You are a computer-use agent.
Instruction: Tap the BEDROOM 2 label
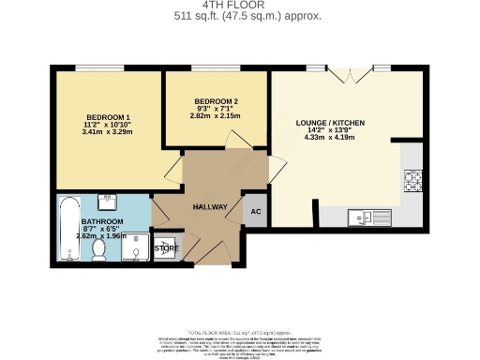[216, 100]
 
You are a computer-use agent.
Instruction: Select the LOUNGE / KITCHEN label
[330, 123]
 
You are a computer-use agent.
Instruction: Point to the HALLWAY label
[207, 206]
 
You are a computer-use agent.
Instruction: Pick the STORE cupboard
[166, 247]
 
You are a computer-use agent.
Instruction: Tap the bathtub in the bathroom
[68, 230]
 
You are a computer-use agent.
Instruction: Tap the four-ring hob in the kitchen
[412, 177]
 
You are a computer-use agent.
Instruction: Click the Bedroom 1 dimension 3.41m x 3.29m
[108, 132]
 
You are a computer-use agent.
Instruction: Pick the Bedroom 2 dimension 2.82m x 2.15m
[216, 117]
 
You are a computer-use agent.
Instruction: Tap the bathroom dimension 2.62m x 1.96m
[101, 236]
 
